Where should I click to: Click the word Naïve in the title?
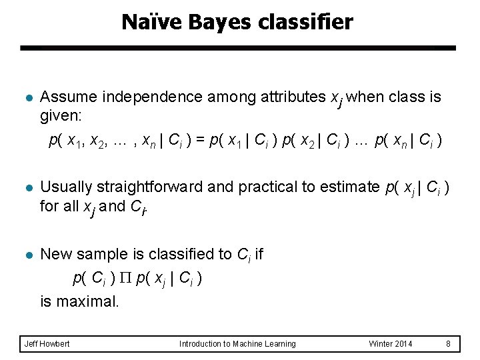coord(145,23)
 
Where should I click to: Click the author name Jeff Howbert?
coord(47,343)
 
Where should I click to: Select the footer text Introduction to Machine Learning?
coord(237,343)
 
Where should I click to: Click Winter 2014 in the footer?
coord(391,343)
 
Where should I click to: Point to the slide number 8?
coord(449,343)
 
